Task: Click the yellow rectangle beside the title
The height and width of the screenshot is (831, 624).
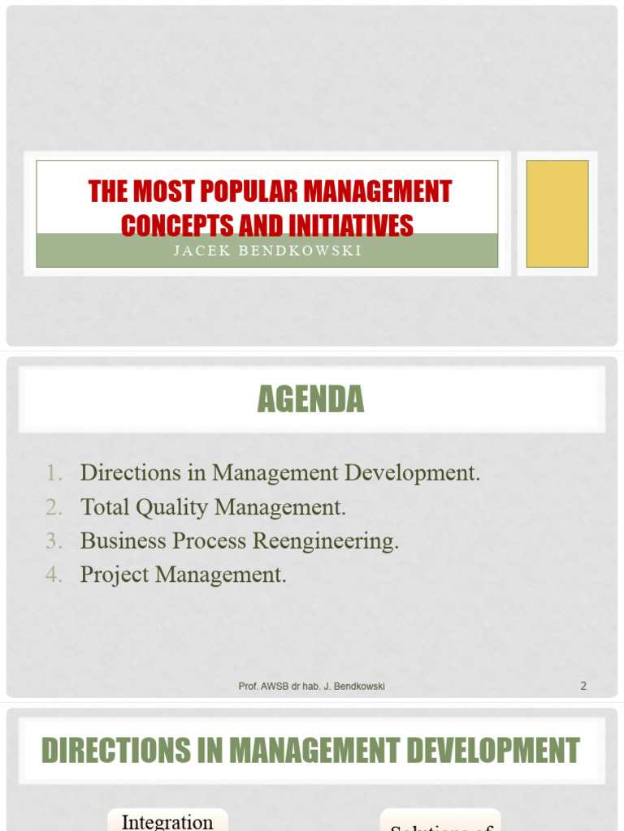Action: pyautogui.click(x=557, y=213)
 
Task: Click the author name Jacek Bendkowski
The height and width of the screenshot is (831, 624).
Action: pyautogui.click(x=267, y=251)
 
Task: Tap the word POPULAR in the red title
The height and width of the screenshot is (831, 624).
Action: pyautogui.click(x=242, y=192)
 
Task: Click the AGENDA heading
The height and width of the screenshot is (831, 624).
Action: pyautogui.click(x=311, y=399)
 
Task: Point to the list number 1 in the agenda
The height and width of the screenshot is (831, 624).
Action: pyautogui.click(x=54, y=473)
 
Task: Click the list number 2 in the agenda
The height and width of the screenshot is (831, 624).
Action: pyautogui.click(x=54, y=507)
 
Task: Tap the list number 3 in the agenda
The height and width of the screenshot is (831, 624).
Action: pyautogui.click(x=54, y=541)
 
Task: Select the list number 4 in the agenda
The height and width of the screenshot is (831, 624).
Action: pyautogui.click(x=54, y=575)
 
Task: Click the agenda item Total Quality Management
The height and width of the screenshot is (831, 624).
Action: pyautogui.click(x=213, y=507)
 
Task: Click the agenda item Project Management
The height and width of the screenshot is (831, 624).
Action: pyautogui.click(x=183, y=575)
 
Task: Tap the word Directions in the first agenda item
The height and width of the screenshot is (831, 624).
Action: pyautogui.click(x=131, y=473)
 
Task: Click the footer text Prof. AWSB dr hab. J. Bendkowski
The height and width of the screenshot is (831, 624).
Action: pyautogui.click(x=311, y=687)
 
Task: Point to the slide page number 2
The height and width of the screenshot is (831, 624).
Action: pyautogui.click(x=583, y=686)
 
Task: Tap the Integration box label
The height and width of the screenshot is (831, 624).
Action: pyautogui.click(x=167, y=821)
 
